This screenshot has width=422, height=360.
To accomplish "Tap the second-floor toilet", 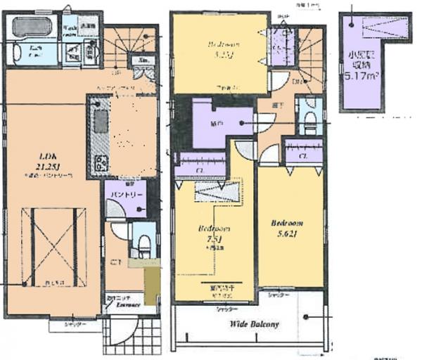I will point(308,122).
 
